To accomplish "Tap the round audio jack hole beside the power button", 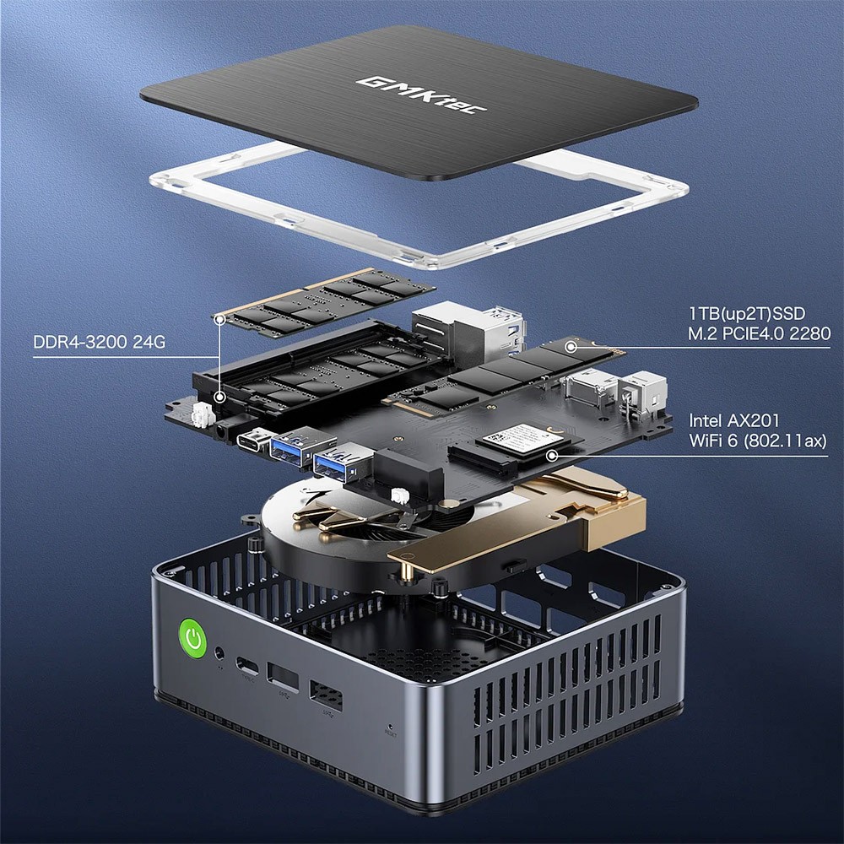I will tap(221, 652).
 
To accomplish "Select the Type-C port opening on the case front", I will tap(247, 664).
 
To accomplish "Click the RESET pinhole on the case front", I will tap(389, 726).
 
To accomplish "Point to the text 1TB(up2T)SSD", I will tap(746, 314).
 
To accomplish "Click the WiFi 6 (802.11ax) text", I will tap(757, 440).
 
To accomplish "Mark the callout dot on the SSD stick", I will tap(571, 345).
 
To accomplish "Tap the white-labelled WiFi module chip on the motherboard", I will tap(516, 438).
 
